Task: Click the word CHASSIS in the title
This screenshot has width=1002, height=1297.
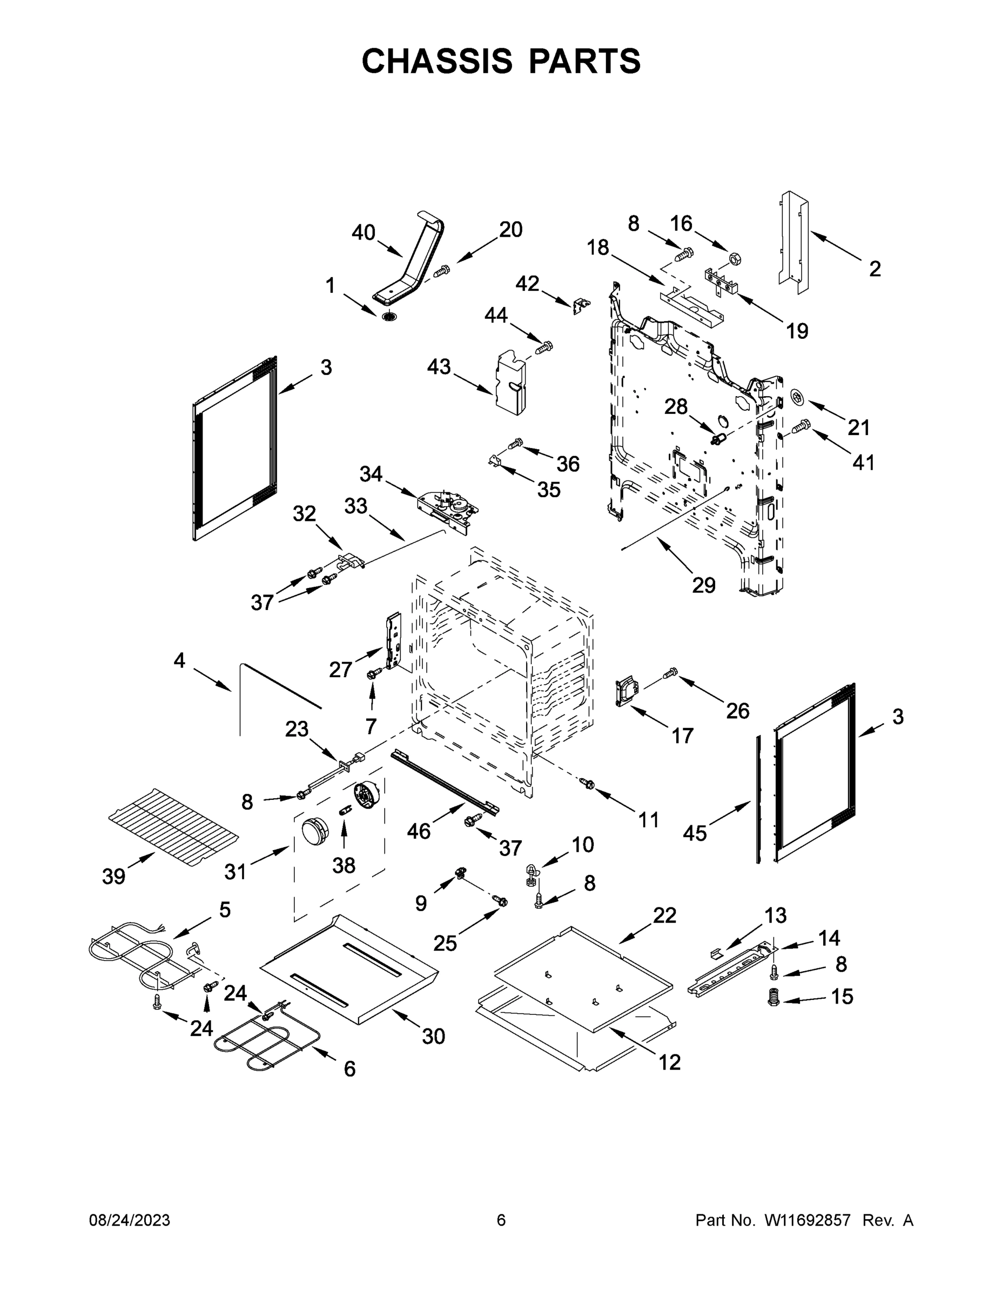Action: pos(437,61)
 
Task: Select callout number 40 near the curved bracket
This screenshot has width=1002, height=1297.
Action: pos(364,233)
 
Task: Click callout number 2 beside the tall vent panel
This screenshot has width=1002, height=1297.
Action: pos(875,269)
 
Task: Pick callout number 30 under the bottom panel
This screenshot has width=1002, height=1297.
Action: pos(433,1037)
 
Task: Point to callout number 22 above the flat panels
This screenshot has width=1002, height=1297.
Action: pos(664,915)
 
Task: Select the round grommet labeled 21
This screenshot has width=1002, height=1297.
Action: pos(799,397)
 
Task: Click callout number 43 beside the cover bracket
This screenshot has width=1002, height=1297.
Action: pos(439,367)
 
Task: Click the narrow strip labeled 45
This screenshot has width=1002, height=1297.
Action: pos(758,799)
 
